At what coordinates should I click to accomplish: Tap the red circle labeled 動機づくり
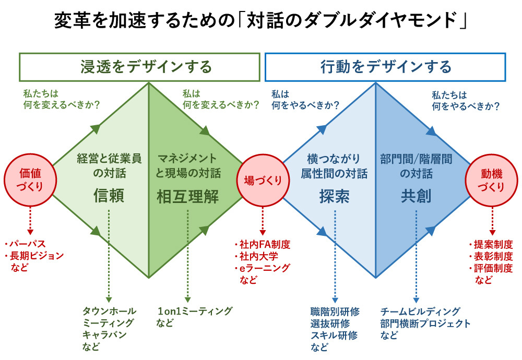(x=491, y=179)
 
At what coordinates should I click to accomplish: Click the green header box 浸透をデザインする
(x=139, y=67)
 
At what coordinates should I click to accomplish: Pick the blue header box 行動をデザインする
(x=385, y=67)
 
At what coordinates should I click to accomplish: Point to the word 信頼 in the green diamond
(x=109, y=196)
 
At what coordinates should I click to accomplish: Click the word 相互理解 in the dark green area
(x=188, y=196)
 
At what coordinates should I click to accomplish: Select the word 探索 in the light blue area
(x=334, y=196)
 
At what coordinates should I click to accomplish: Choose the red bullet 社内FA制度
(x=264, y=244)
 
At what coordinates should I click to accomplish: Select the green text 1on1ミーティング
(x=195, y=311)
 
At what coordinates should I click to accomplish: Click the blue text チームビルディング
(x=420, y=311)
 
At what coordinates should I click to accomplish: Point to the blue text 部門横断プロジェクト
(x=425, y=323)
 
